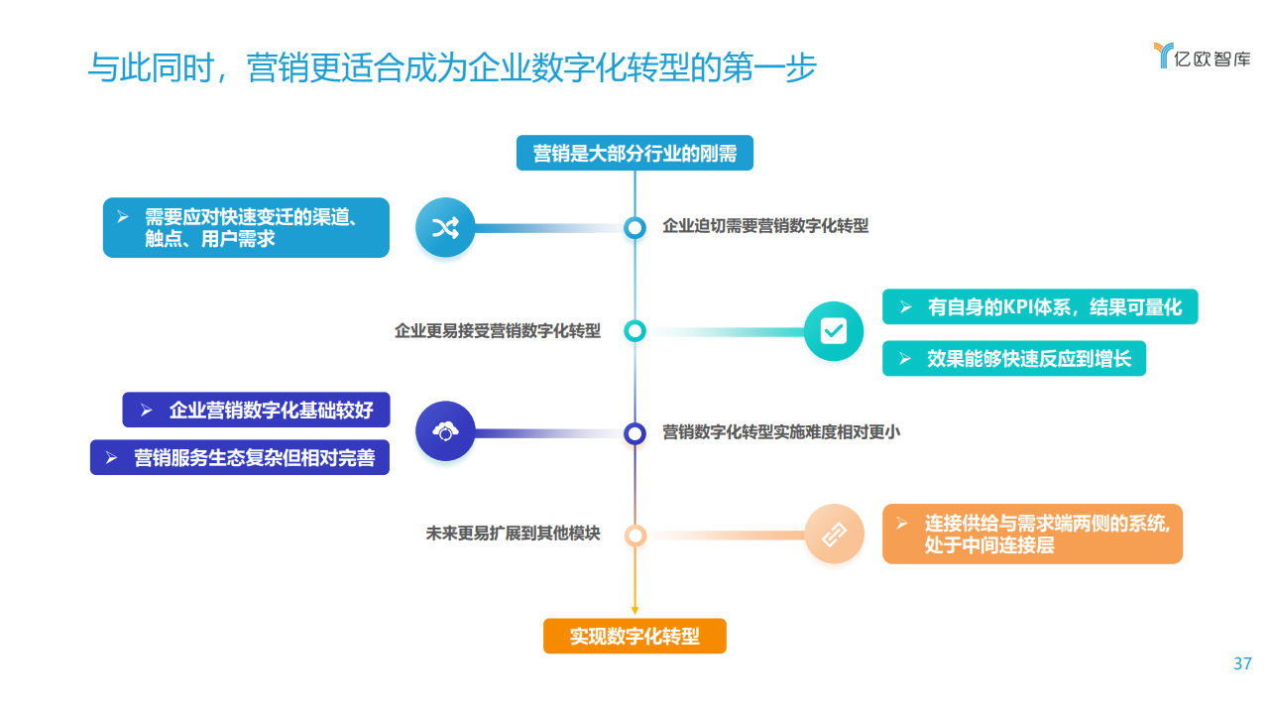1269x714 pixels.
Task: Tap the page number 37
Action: coord(1242,663)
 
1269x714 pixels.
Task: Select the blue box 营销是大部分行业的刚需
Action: coord(634,153)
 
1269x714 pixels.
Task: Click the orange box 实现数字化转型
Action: coord(634,636)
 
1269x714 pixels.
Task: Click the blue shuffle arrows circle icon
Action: coord(445,228)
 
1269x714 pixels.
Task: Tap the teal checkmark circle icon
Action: coord(834,331)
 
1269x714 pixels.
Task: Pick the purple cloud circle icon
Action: coord(445,431)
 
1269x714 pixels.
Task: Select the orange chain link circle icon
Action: coord(834,534)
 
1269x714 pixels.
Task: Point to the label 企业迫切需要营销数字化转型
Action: coord(765,226)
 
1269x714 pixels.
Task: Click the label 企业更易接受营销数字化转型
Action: coord(498,331)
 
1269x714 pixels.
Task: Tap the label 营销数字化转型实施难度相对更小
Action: coord(781,432)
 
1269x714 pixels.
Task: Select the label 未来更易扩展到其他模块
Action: coord(513,534)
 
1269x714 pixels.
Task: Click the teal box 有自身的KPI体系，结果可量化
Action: coord(1040,306)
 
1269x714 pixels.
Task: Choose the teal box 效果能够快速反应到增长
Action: coord(1014,358)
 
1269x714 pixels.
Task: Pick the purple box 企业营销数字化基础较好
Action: coord(256,410)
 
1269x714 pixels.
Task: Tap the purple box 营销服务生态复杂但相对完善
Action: coord(240,457)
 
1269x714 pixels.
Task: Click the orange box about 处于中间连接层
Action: coord(1032,534)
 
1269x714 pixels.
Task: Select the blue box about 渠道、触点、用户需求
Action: coord(246,228)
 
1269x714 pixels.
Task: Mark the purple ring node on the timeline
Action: coord(634,433)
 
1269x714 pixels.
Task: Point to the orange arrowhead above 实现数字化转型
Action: coord(634,610)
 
